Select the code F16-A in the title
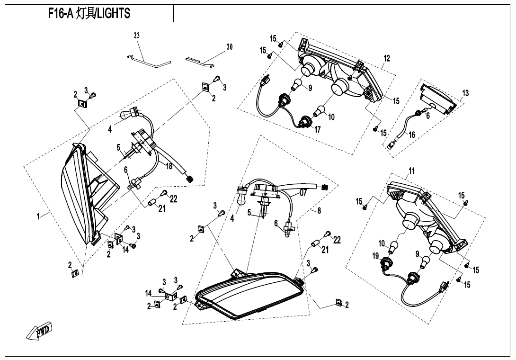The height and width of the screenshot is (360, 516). coord(61,14)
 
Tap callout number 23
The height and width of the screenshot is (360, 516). coord(137,36)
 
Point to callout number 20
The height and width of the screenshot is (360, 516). coord(230,47)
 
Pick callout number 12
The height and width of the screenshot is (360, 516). coord(386,59)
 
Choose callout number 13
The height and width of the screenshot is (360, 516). coord(465,93)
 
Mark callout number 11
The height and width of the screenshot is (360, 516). coord(411,171)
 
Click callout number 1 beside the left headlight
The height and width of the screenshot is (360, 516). coord(38,216)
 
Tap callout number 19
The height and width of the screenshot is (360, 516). coord(375,256)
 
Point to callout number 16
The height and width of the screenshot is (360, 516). coord(411,135)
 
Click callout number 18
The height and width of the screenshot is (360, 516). coord(169,166)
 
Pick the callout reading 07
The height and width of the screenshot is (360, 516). coord(303,193)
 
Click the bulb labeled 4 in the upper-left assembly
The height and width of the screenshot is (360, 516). coord(129,115)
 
